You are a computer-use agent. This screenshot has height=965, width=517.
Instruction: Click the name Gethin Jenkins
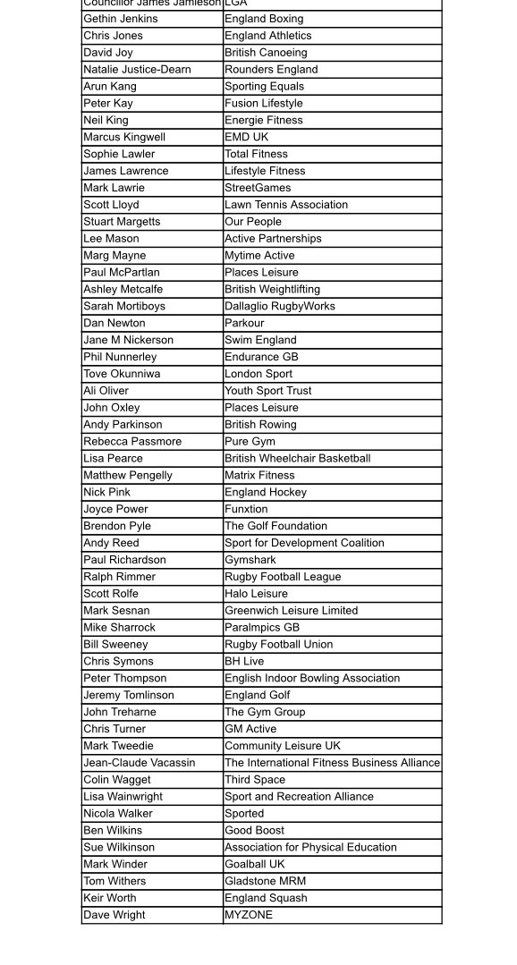[121, 19]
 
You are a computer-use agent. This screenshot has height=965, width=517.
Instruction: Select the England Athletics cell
[268, 36]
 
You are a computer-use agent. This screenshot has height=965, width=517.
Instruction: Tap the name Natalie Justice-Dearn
[137, 70]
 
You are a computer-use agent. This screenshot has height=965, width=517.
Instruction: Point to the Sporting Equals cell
[264, 87]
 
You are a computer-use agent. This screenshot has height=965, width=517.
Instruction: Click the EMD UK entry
[246, 138]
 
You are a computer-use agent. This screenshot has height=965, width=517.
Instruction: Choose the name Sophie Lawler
[119, 155]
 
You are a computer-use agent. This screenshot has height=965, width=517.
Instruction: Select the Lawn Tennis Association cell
[286, 205]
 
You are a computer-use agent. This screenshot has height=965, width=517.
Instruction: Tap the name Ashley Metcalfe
[123, 290]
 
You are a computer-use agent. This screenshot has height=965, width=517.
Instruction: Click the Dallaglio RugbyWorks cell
[280, 307]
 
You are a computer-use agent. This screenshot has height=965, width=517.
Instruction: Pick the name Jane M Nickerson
[129, 341]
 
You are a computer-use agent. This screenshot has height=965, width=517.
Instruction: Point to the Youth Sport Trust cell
[268, 391]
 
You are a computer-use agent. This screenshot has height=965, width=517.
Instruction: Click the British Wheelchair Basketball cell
[297, 459]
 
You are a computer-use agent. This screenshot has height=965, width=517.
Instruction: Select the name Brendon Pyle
[117, 527]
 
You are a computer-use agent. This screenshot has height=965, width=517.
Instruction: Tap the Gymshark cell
[250, 561]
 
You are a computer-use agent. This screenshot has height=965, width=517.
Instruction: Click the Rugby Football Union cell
[279, 645]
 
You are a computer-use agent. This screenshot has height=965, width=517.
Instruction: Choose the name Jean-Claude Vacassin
[140, 764]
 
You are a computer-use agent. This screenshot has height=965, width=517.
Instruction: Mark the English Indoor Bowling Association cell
[312, 679]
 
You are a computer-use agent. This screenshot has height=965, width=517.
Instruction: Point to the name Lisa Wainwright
[123, 797]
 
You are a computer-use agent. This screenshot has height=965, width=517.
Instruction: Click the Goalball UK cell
[255, 865]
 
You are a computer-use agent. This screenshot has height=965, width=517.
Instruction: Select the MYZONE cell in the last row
[249, 916]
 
